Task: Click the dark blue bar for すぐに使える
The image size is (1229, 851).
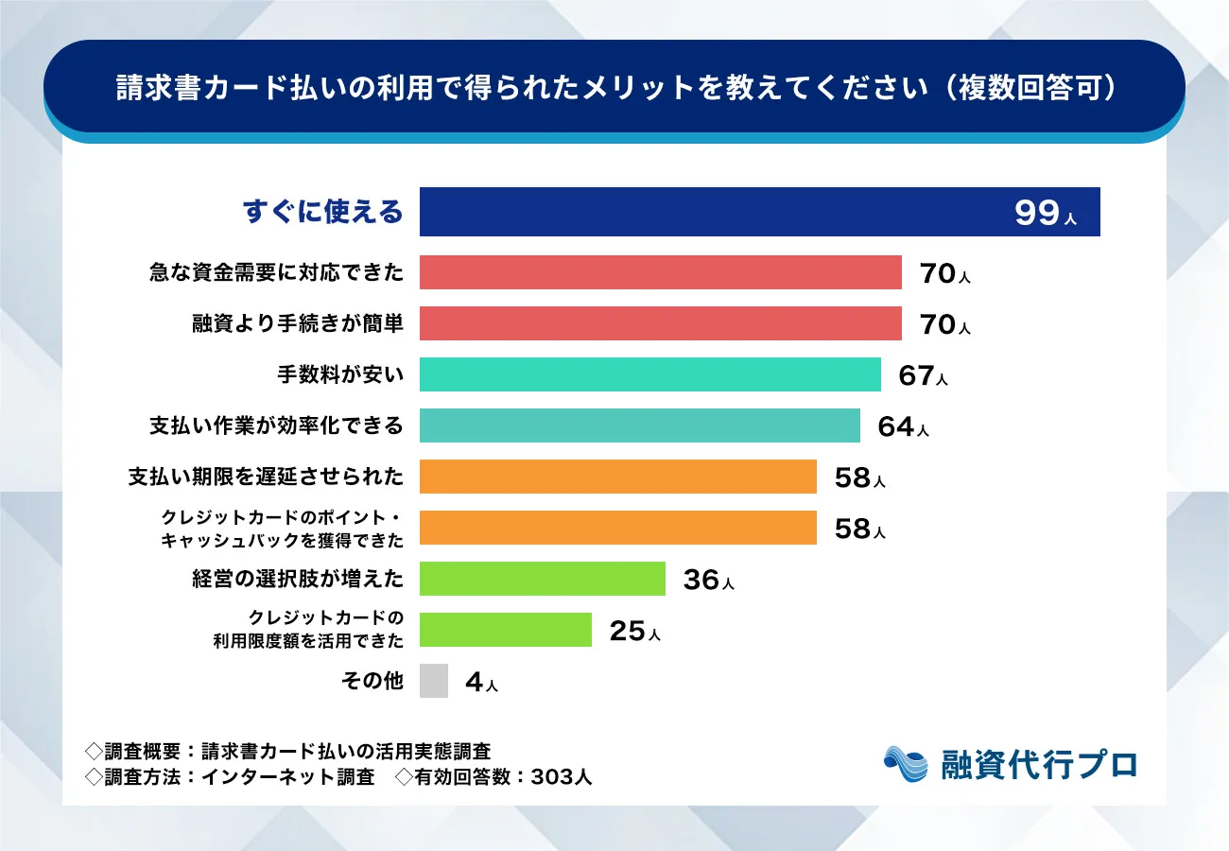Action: point(709,212)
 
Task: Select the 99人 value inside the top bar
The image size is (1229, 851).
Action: point(1045,214)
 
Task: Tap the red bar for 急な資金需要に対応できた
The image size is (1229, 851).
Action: point(660,273)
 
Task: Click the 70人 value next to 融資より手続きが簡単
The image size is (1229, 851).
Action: point(944,325)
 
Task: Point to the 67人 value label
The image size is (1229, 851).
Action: point(923,376)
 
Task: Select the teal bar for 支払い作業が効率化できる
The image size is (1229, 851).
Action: point(639,425)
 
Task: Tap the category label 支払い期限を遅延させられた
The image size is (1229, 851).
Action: point(266,477)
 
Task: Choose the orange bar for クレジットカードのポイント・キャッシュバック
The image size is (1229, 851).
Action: point(617,528)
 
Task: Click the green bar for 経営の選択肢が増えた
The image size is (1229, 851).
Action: point(542,579)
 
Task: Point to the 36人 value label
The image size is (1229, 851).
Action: point(708,580)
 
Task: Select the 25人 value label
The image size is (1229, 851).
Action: point(634,631)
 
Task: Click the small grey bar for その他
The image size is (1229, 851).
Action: point(433,681)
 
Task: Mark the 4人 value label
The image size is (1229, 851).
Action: point(481,683)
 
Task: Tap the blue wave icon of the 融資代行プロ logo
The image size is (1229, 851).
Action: point(907,764)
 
